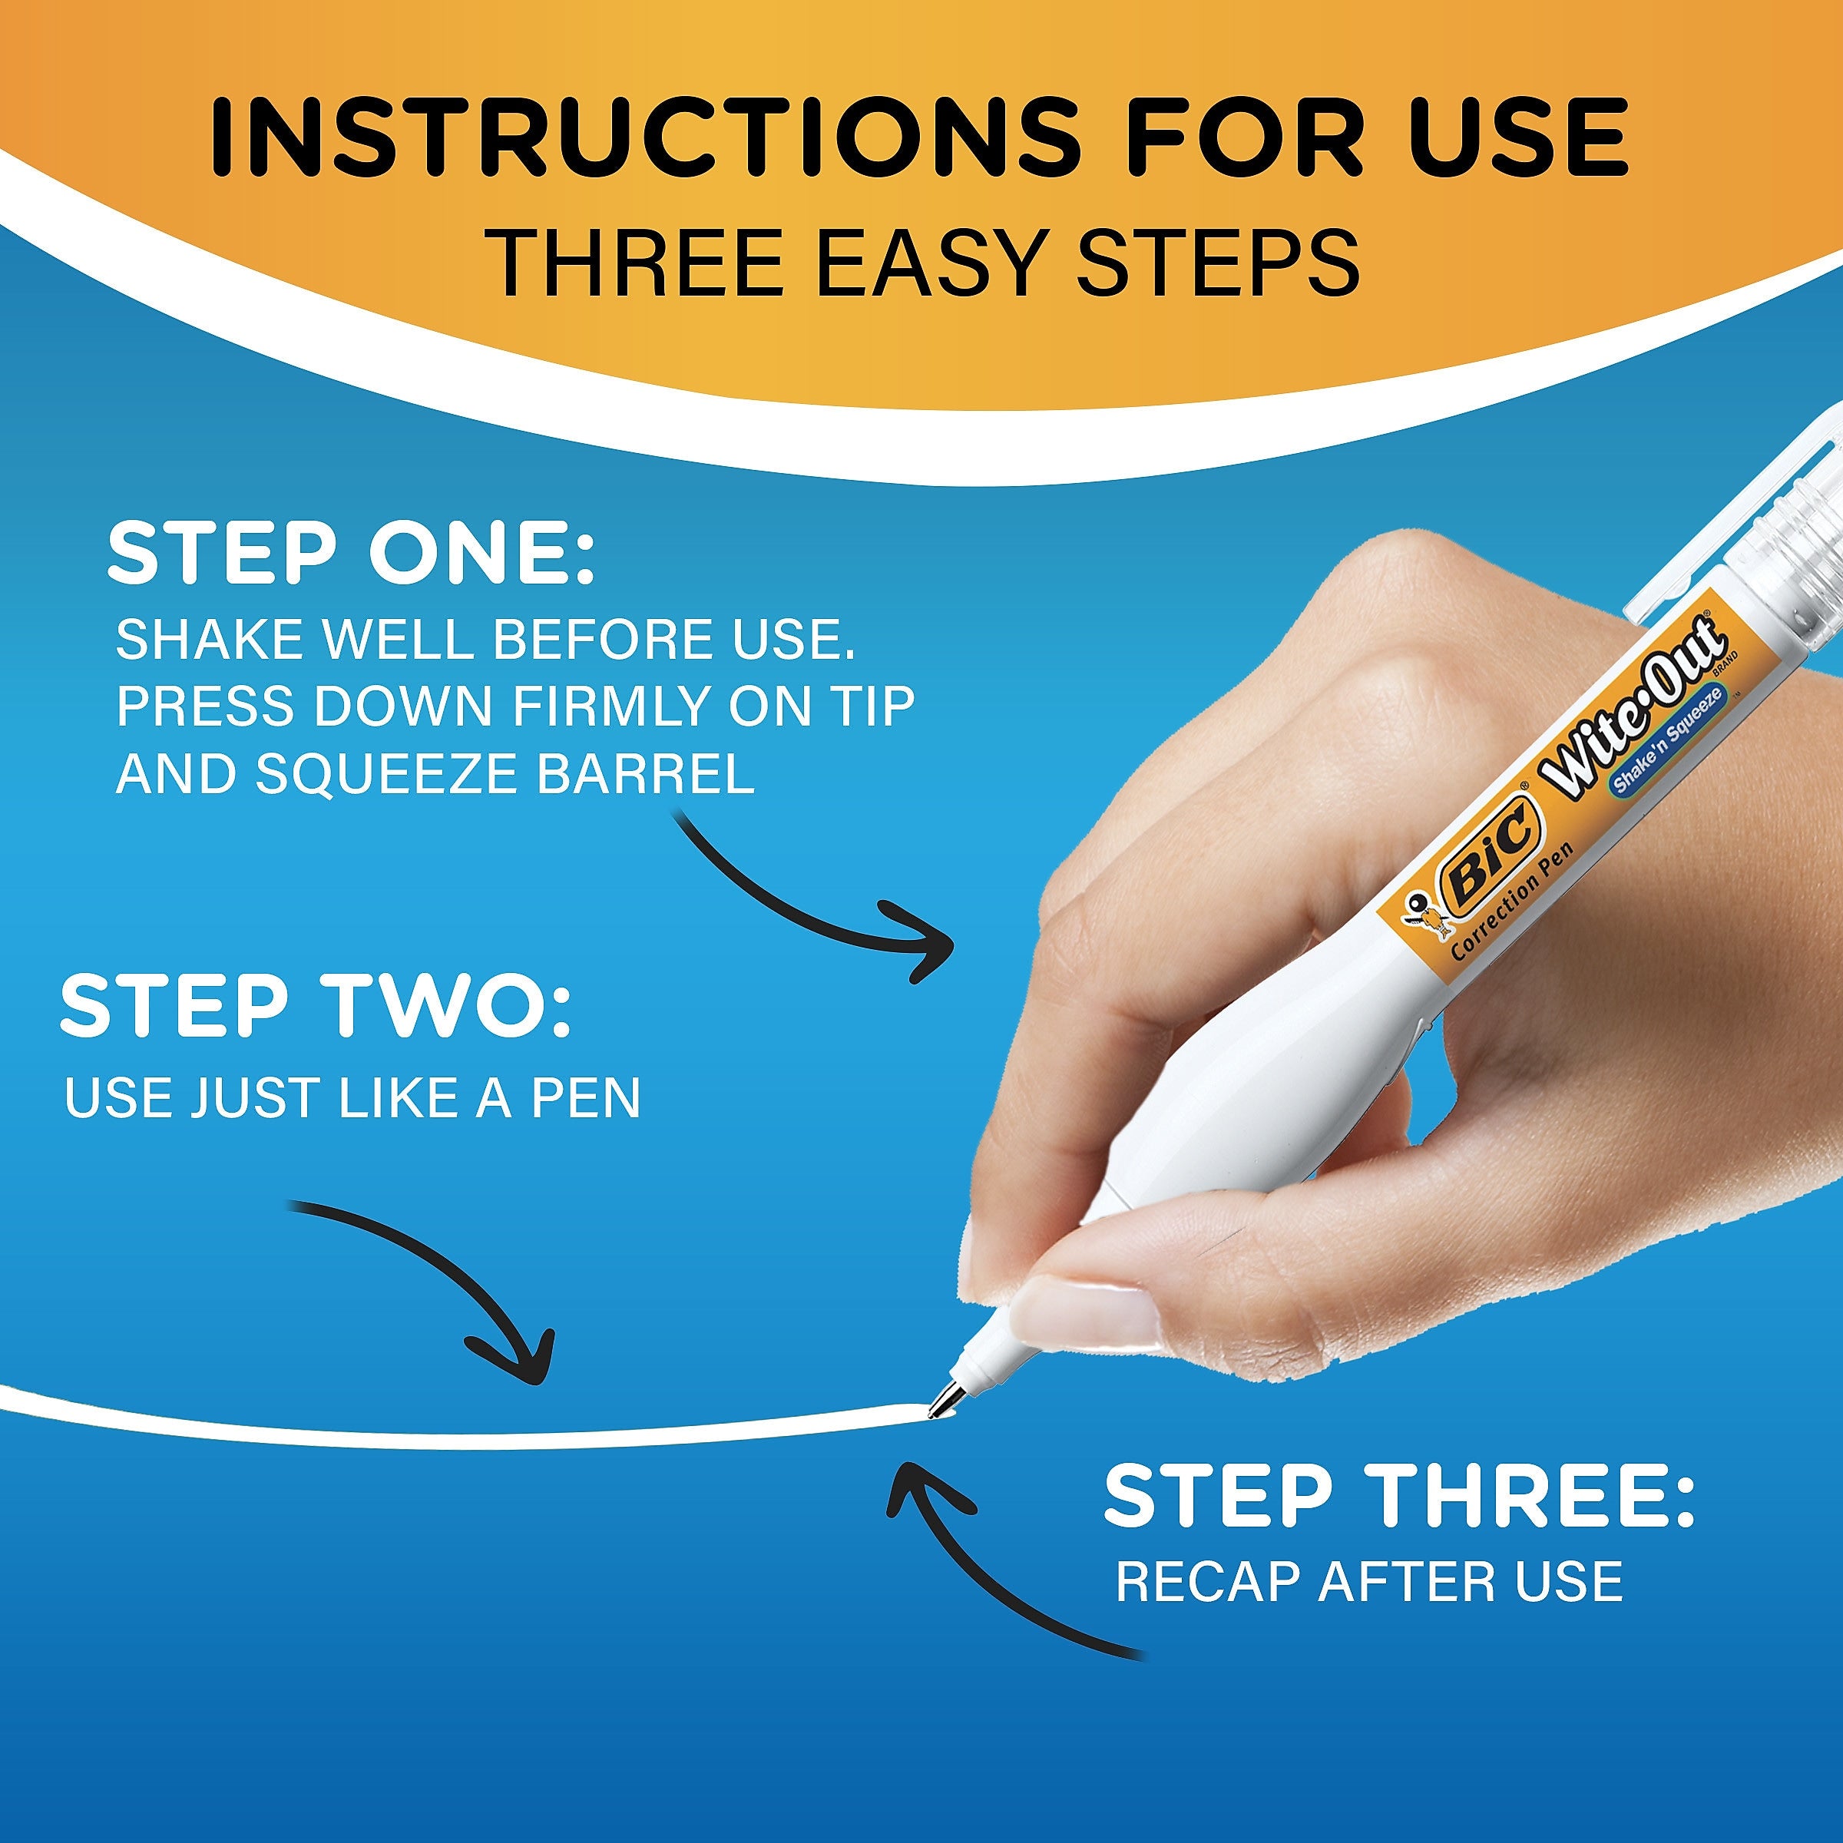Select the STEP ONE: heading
(351, 553)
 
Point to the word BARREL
(646, 776)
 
